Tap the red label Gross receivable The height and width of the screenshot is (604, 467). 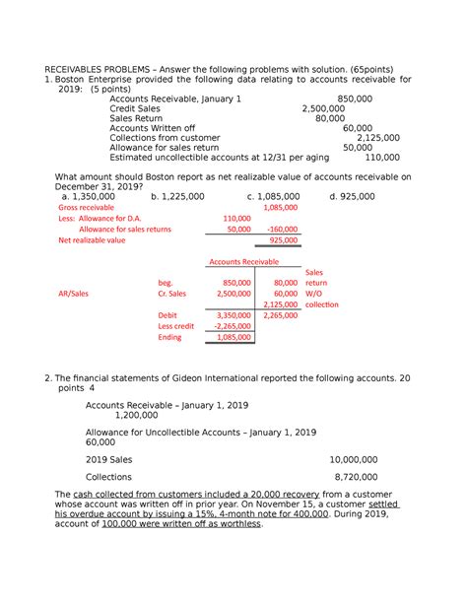[87, 209]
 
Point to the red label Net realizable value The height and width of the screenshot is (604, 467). [92, 239]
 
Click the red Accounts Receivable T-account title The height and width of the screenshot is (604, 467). [242, 261]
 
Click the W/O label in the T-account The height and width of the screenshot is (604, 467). [314, 294]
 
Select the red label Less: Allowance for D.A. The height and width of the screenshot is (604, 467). [100, 219]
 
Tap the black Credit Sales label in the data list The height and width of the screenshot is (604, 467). [139, 110]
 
